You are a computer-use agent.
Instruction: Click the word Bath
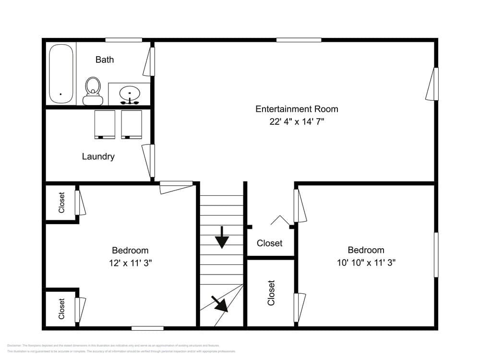(x=105, y=60)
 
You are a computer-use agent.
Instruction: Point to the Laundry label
(x=98, y=156)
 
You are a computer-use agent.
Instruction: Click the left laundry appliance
(x=105, y=124)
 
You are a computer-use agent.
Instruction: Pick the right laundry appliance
(x=132, y=124)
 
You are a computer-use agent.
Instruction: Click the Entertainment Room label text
(x=297, y=109)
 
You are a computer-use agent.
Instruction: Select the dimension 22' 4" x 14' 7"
(x=297, y=122)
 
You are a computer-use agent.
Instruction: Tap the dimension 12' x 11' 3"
(x=130, y=263)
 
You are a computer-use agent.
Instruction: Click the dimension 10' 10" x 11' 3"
(x=366, y=263)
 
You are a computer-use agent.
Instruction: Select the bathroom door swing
(x=150, y=61)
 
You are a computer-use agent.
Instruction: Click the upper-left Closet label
(x=61, y=203)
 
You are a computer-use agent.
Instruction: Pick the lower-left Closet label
(x=61, y=309)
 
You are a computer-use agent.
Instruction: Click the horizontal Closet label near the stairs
(x=269, y=243)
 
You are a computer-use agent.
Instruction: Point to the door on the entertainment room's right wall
(x=432, y=84)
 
